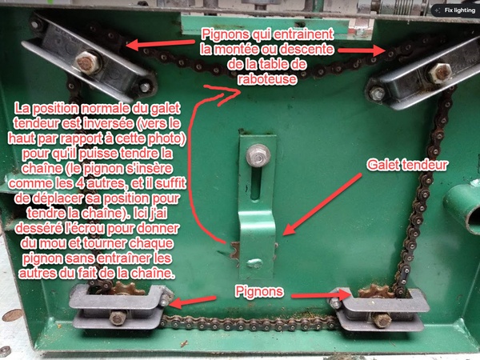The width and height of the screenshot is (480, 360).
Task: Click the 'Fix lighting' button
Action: [x=455, y=10]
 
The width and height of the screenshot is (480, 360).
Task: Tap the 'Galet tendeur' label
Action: [x=407, y=165]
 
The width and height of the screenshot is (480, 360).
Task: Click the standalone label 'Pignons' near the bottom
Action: [x=259, y=292]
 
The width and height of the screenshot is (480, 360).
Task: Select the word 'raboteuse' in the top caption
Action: [x=267, y=79]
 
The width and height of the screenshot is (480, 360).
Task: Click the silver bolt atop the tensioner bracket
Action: [x=258, y=155]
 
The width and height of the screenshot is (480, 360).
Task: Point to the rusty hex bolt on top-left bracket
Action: [x=87, y=62]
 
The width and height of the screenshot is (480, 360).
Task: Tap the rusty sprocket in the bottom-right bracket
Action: [x=376, y=291]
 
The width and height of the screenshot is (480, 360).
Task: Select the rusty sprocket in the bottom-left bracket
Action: [x=126, y=288]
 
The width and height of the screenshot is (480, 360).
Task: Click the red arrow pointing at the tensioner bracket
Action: [x=322, y=204]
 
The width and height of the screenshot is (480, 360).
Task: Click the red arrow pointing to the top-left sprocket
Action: [x=160, y=44]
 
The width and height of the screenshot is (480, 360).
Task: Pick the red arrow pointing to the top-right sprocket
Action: [x=362, y=51]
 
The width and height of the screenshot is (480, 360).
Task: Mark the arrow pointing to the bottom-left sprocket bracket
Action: [x=192, y=302]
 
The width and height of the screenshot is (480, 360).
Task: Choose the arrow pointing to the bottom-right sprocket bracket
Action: [x=320, y=296]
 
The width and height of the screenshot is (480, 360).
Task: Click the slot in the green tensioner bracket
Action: [x=256, y=184]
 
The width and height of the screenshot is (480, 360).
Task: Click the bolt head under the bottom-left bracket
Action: [x=118, y=318]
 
